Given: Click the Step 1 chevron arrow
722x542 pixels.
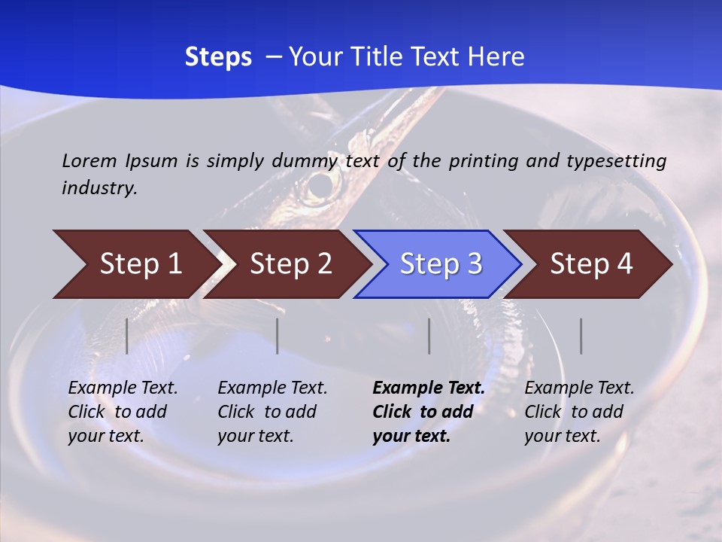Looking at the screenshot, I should pos(135,264).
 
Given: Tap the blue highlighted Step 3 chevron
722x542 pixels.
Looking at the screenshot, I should pos(438,264).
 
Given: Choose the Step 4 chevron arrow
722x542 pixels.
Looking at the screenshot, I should pos(589,264).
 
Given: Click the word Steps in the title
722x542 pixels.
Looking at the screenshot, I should pos(218,57).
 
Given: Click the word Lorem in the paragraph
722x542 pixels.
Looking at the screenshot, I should pos(89,160).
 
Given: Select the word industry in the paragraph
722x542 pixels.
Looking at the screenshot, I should pos(99,187).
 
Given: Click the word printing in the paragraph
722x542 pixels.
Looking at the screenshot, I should pos(477,160).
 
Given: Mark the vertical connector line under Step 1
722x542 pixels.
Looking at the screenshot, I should pos(127,336).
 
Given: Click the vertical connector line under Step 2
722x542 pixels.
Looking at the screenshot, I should pos(278,336).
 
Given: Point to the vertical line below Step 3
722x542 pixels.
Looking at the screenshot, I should pos(429,336).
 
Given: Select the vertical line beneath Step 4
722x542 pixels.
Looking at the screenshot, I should pos(581,336).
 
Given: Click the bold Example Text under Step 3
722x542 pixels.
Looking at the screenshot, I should pos(428,388).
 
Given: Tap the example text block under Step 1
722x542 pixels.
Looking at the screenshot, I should pos(123,412).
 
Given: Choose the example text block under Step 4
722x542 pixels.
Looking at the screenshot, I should pos(579,412).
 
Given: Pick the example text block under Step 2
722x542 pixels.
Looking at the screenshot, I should pos(272,412).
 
